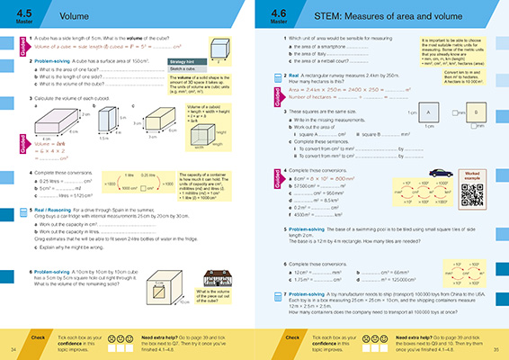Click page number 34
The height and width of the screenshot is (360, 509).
click(13, 348)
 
